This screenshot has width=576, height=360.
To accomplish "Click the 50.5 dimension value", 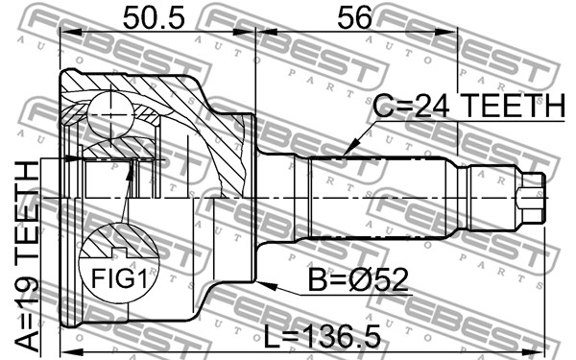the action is click(x=154, y=18).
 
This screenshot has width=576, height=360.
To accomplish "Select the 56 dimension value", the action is click(x=354, y=18).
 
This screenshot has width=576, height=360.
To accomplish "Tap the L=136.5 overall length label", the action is click(x=323, y=337).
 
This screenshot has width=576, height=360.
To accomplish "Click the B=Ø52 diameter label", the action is click(x=358, y=280).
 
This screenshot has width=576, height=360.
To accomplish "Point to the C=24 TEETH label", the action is click(x=469, y=106).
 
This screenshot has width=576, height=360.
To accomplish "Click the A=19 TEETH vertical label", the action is click(x=27, y=256).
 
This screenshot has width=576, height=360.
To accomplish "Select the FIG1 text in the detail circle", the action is click(x=119, y=278).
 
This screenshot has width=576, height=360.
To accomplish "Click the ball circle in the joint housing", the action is click(x=109, y=115).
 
